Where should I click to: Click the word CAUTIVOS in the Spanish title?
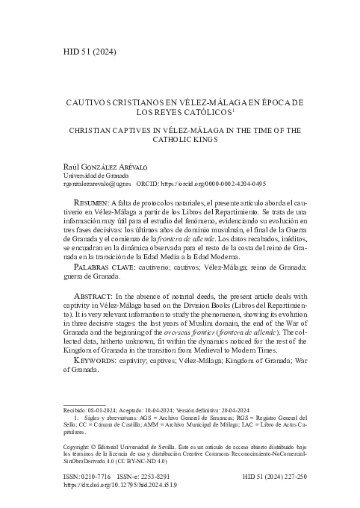[90, 102]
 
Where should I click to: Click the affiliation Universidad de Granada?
[94, 175]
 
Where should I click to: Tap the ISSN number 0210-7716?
[96, 475]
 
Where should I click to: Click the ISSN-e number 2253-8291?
[156, 475]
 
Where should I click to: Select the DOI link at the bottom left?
[120, 484]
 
